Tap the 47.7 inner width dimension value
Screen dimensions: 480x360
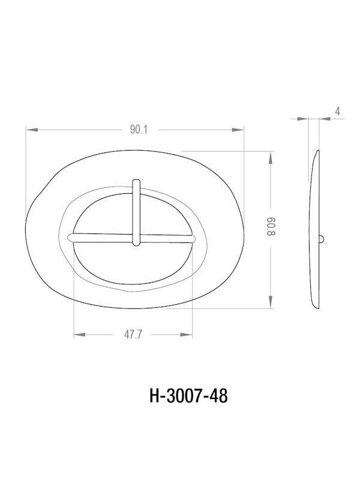(133, 335)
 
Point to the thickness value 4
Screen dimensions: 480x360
(338, 111)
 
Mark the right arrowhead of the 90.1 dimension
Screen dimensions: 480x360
(242, 130)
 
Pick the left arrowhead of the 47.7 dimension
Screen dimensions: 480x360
(77, 335)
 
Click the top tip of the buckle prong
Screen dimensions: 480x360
(136, 179)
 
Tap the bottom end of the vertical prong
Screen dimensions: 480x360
(136, 244)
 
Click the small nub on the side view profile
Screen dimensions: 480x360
(322, 239)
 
